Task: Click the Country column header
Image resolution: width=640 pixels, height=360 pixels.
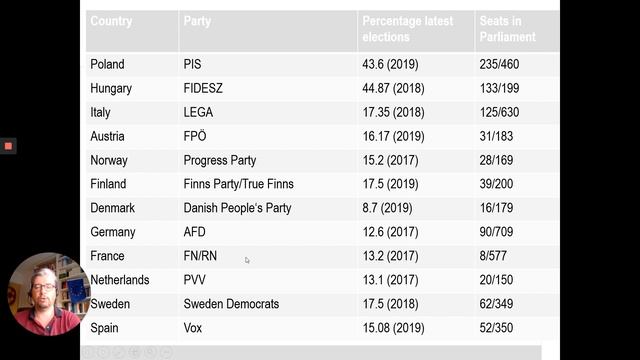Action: click(111, 21)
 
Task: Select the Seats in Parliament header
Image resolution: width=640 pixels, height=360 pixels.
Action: click(507, 29)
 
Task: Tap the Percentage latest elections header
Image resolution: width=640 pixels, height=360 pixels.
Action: click(407, 29)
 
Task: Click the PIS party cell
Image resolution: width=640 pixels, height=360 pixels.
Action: click(192, 64)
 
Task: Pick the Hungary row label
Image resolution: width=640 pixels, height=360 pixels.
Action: click(111, 89)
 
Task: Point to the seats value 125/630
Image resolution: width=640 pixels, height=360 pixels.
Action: click(499, 112)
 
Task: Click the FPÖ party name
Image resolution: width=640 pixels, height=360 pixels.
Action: click(195, 136)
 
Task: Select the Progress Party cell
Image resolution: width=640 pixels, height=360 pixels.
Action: click(220, 160)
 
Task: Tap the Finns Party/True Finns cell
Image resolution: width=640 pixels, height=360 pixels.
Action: click(238, 184)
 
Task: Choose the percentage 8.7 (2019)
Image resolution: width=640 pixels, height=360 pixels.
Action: click(387, 208)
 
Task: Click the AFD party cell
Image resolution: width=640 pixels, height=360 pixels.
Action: click(194, 232)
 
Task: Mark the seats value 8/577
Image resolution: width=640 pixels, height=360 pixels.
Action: click(493, 256)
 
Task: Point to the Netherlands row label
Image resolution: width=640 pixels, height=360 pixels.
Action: click(120, 280)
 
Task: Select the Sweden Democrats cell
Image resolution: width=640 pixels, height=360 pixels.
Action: click(231, 304)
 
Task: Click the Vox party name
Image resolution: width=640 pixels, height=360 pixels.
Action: click(193, 328)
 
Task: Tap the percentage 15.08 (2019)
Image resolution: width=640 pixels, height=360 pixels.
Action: click(393, 328)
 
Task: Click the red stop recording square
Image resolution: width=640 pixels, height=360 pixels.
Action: click(8, 146)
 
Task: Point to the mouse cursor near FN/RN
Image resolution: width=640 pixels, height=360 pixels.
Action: click(247, 260)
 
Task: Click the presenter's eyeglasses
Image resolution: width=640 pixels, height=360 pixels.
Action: click(42, 287)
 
